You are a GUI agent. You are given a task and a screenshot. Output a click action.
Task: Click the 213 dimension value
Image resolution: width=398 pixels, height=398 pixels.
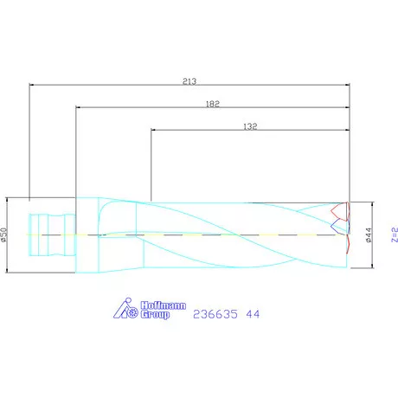[x=190, y=80]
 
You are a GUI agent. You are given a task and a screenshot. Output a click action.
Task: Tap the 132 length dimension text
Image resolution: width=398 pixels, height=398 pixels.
[x=250, y=126]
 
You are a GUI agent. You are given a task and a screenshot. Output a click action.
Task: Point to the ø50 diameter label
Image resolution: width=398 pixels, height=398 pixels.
[x=4, y=234]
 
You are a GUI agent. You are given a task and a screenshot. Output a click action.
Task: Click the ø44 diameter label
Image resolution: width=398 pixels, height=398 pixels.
[x=369, y=234]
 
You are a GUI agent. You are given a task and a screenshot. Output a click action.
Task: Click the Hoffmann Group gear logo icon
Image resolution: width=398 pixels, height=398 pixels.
[x=126, y=306]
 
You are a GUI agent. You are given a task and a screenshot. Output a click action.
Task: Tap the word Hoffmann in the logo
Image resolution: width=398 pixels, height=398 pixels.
[x=153, y=304]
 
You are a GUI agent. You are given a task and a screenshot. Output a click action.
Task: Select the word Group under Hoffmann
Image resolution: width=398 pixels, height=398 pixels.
[x=152, y=314]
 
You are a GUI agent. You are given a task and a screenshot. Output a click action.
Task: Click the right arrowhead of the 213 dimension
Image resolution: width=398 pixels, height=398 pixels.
[x=346, y=85]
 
